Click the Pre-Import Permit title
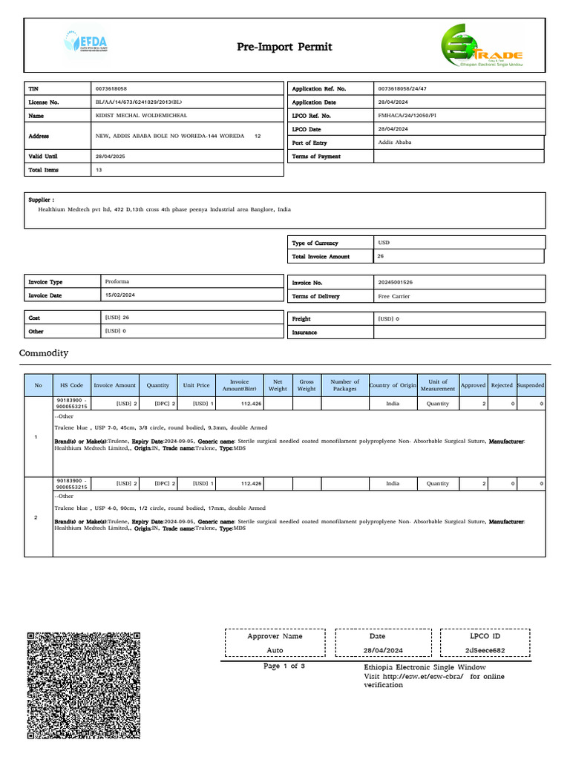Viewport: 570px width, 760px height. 284,47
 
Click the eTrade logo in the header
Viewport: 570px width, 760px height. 482,47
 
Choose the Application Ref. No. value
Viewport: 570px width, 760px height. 402,88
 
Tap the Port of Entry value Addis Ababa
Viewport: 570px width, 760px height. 395,142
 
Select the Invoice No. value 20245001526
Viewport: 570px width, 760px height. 395,283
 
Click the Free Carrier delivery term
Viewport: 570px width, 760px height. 394,296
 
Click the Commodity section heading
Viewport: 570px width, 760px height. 43,353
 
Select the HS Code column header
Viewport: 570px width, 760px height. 71,385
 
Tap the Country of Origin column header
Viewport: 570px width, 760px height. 393,385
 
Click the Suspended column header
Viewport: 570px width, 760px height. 530,385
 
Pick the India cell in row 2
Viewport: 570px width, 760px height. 393,483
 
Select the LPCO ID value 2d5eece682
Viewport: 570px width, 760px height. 485,650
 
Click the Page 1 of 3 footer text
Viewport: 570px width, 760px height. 284,666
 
